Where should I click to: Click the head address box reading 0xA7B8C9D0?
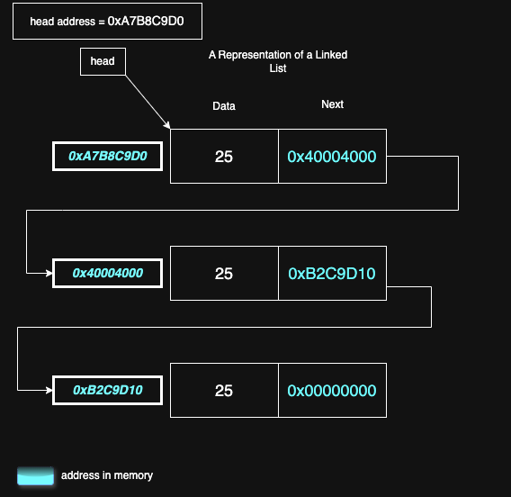pos(107,21)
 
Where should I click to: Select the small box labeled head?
pos(103,61)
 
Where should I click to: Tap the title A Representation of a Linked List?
pos(278,61)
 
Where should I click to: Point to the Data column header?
pos(224,106)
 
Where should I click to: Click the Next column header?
pos(332,104)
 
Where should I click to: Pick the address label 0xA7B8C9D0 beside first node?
pos(107,156)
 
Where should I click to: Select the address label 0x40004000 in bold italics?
pos(107,273)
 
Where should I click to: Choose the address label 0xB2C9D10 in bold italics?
pos(107,390)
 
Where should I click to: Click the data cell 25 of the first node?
pos(224,157)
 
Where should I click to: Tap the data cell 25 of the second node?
pos(224,274)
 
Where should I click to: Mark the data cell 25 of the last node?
pos(224,391)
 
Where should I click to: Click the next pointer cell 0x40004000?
pos(332,157)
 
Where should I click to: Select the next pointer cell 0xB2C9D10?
pos(332,274)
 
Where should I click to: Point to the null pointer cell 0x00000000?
pos(332,391)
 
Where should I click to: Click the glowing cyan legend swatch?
pos(36,475)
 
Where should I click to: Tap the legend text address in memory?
pos(107,475)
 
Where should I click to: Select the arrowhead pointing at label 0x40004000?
pos(48,273)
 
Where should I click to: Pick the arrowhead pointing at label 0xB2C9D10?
pos(48,390)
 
